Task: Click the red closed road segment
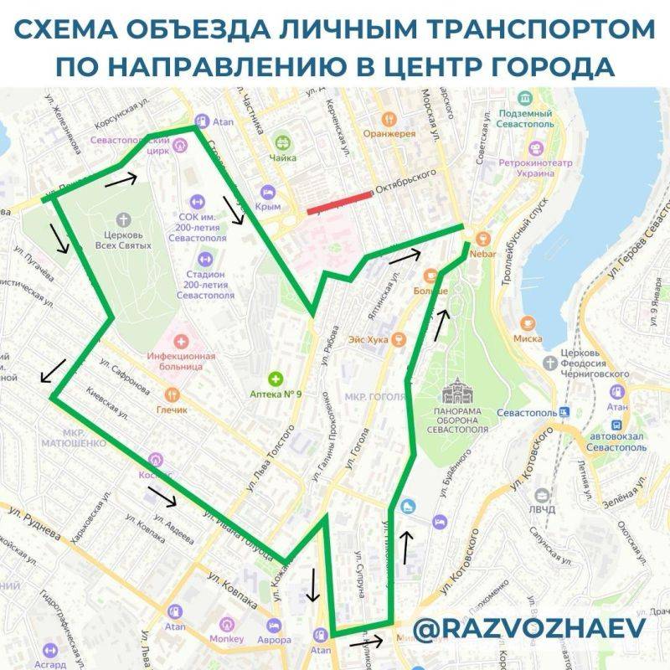click(x=339, y=203)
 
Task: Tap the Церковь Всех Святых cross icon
click(x=125, y=219)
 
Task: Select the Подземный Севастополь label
click(x=524, y=118)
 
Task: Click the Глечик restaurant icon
click(x=172, y=394)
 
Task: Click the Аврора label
click(x=275, y=639)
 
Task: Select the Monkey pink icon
click(x=225, y=625)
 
